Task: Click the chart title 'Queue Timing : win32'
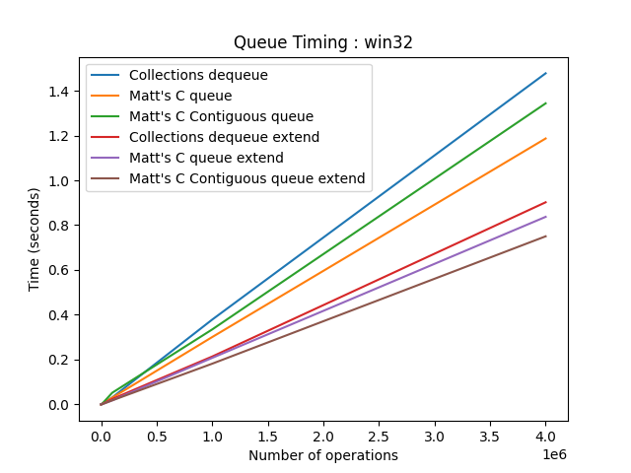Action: tap(323, 42)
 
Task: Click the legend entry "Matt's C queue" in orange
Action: tap(180, 96)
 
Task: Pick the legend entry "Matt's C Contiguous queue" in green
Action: tap(221, 116)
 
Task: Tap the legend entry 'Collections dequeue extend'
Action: tap(224, 137)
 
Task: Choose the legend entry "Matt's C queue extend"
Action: tap(206, 158)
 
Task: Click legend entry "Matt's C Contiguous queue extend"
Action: tap(246, 178)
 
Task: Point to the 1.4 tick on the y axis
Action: tap(60, 92)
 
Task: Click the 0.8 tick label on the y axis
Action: tap(60, 226)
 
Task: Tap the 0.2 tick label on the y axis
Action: tap(60, 360)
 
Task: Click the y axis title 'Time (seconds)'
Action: tap(35, 240)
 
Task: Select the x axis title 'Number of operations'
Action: tap(323, 455)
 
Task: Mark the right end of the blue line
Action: tap(546, 73)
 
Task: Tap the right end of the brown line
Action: tap(546, 236)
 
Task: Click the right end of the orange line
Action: tap(546, 138)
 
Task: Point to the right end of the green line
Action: tap(546, 102)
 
